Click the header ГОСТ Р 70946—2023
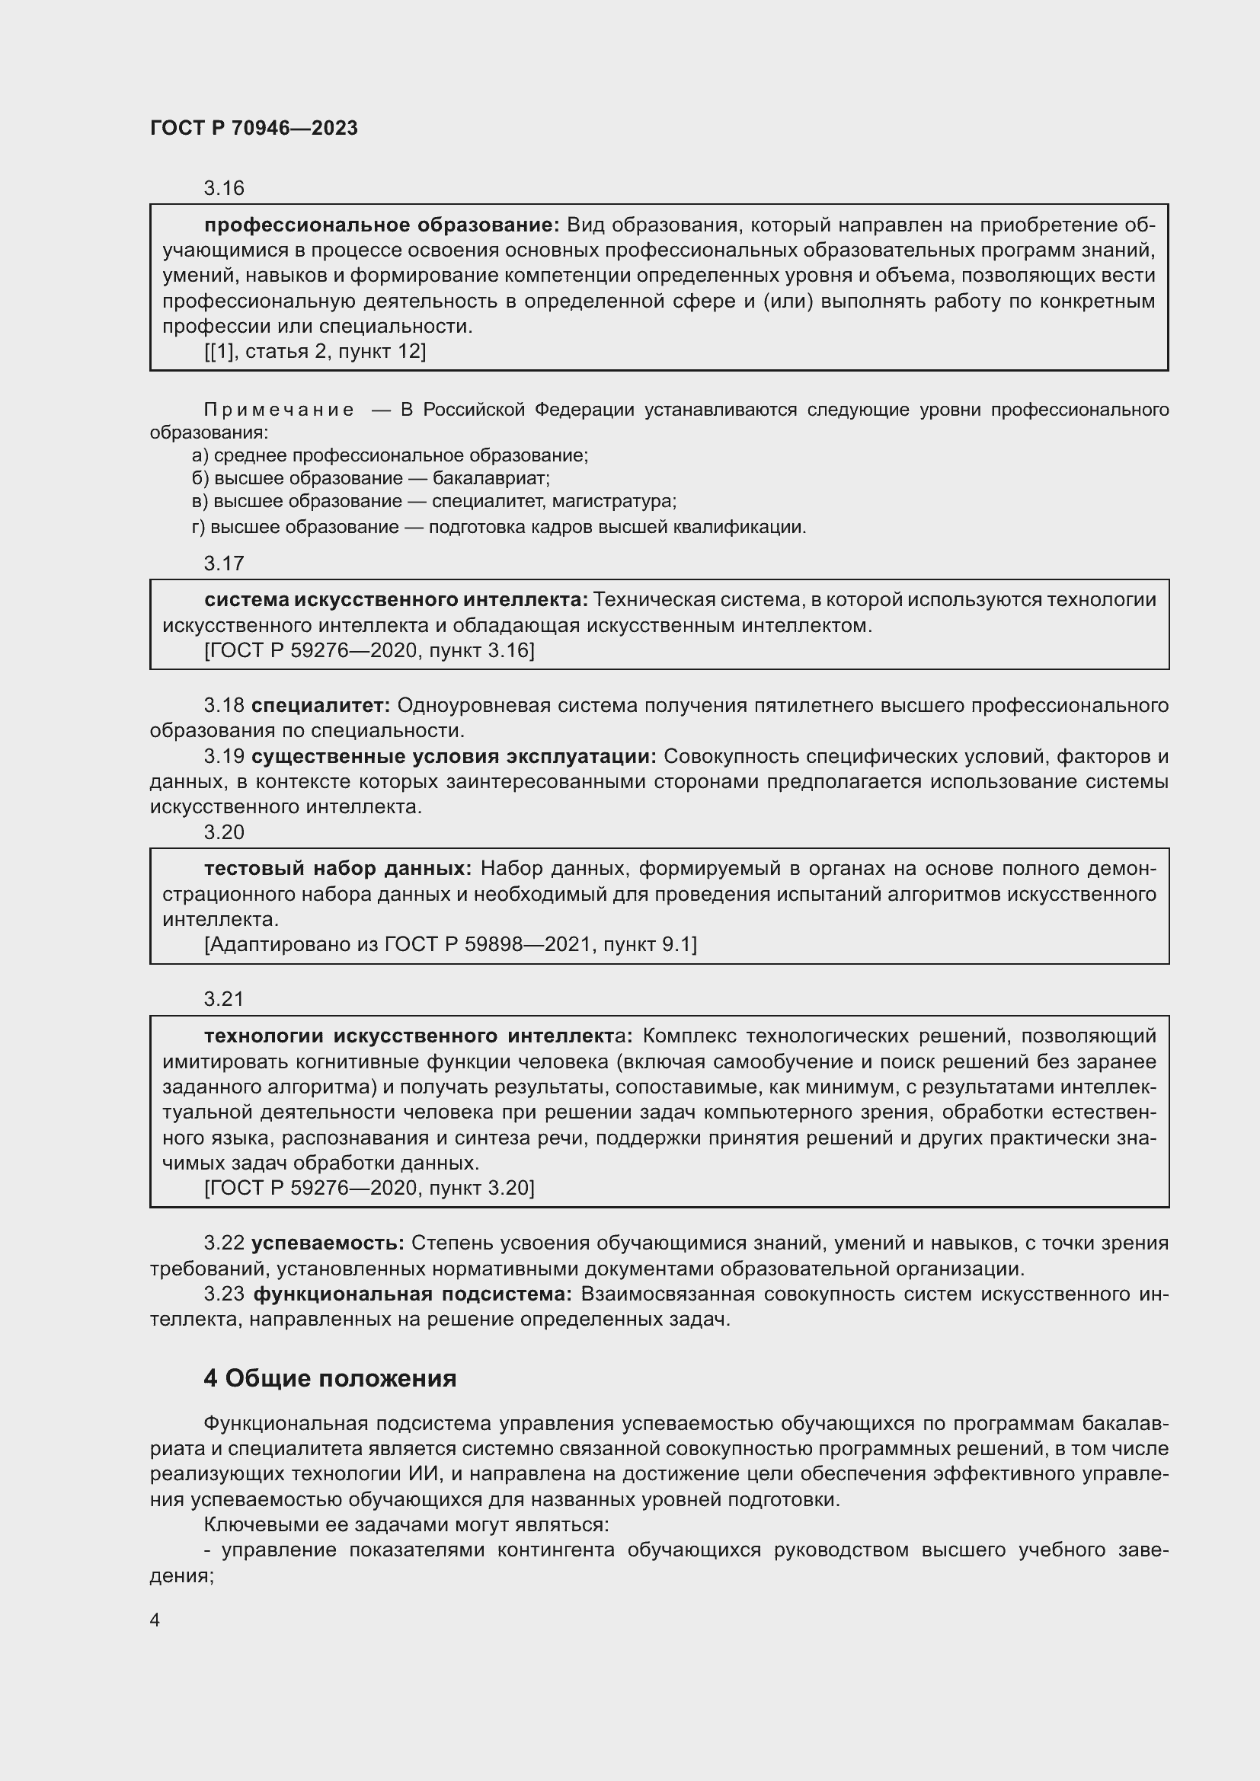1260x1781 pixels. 254,128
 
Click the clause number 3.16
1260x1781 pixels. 223,189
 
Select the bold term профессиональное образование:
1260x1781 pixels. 381,225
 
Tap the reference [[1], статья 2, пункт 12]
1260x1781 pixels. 315,351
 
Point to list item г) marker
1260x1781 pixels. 199,528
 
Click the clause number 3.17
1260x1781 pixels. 223,563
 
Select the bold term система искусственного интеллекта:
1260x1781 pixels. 395,599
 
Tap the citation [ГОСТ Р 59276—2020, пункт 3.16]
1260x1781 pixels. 369,650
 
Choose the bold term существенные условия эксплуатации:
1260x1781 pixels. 454,756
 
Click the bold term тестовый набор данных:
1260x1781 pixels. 337,868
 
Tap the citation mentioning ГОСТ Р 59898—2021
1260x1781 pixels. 450,944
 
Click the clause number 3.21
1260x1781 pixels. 223,999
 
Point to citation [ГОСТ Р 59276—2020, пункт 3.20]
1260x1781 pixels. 369,1188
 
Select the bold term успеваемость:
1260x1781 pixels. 328,1243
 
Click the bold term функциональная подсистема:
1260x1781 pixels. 413,1294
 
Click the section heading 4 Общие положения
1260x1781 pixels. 330,1378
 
